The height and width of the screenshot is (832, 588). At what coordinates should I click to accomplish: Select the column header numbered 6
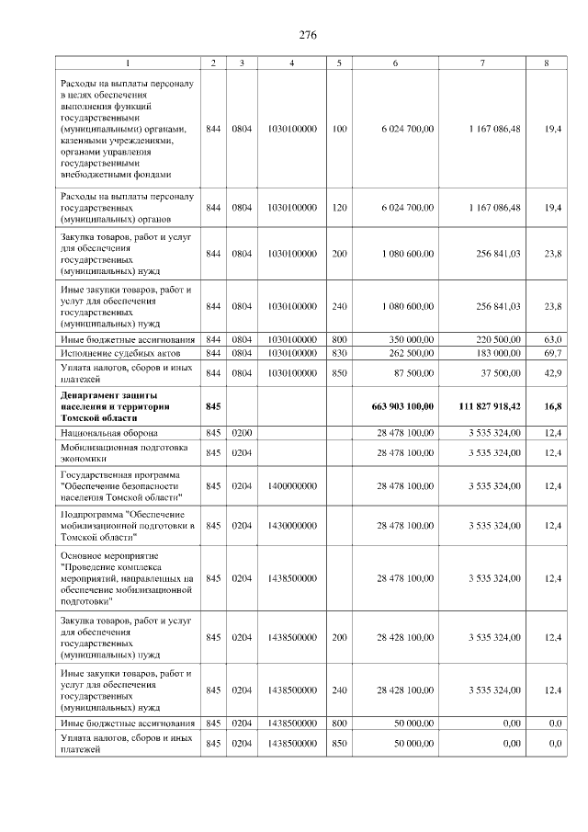pyautogui.click(x=395, y=63)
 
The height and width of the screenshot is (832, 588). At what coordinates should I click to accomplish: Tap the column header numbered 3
pyautogui.click(x=242, y=63)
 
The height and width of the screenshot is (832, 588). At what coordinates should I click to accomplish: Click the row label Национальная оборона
pyautogui.click(x=109, y=431)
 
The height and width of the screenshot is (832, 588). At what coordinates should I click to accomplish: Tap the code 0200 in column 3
pyautogui.click(x=242, y=431)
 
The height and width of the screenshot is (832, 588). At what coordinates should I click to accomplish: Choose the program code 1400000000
pyautogui.click(x=291, y=485)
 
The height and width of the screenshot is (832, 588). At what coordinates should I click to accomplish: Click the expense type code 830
pyautogui.click(x=339, y=353)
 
